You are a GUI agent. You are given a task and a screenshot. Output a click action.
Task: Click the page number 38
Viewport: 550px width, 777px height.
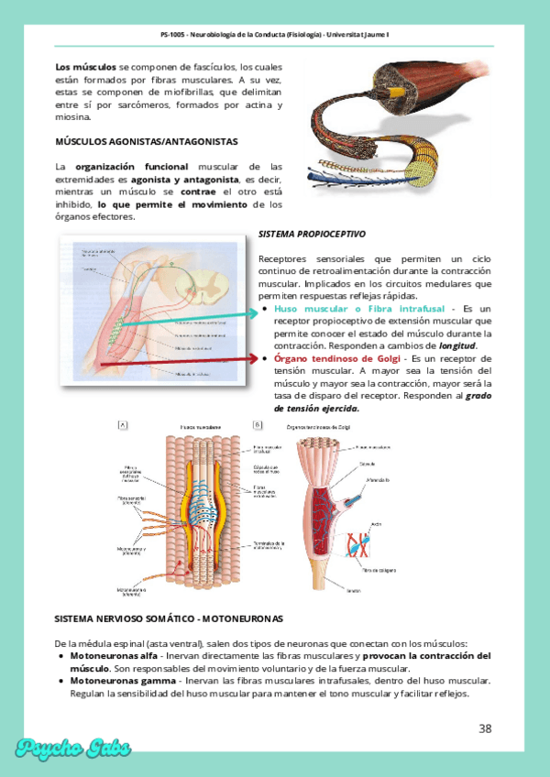click(485, 728)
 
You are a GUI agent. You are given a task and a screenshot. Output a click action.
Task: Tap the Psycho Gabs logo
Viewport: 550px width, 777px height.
click(73, 748)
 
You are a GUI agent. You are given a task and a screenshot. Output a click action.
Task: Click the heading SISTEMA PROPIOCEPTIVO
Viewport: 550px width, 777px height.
click(312, 234)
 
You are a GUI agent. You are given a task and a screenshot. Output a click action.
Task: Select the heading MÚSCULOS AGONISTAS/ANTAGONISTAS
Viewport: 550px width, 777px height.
click(147, 142)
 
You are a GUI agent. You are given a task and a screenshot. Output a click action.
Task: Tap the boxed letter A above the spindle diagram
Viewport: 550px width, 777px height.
click(123, 425)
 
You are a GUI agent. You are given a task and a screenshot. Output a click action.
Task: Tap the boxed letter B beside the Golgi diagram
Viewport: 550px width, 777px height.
click(258, 425)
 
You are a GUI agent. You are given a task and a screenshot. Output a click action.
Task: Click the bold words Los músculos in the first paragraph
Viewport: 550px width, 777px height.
click(85, 67)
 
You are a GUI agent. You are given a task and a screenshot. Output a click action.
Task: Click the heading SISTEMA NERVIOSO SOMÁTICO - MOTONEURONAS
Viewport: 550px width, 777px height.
click(169, 618)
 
